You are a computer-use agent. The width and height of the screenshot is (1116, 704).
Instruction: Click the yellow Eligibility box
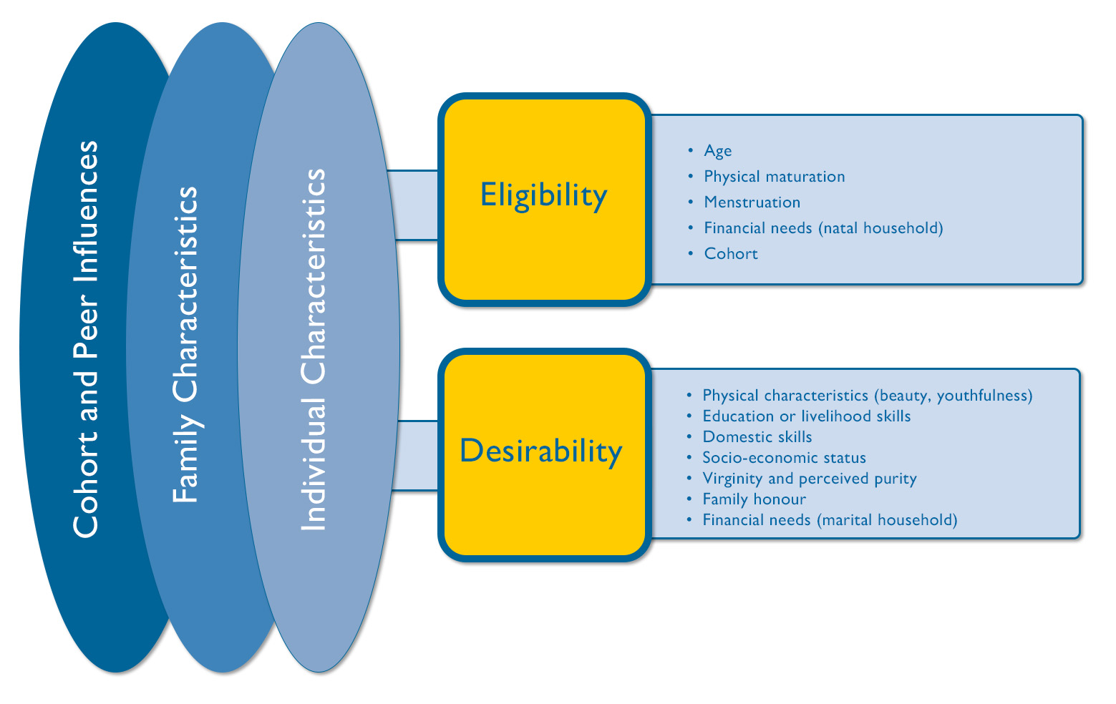coord(545,200)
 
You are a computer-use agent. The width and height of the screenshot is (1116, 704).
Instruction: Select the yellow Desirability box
coord(545,455)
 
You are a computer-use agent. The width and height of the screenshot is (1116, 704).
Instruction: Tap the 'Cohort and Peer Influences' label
coord(86,339)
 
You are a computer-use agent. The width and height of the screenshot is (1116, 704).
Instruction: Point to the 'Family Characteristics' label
coord(185,344)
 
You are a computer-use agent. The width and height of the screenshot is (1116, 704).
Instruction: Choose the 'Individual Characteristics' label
coord(313,350)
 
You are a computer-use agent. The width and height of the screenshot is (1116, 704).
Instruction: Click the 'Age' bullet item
coord(717,151)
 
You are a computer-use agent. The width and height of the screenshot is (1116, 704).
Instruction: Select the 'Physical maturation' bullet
coord(775,176)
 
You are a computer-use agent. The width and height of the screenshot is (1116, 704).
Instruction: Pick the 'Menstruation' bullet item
coord(752,202)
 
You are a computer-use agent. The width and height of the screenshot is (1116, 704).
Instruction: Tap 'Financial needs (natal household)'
coord(823,228)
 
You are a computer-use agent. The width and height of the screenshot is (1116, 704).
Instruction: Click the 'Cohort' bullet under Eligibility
coord(730,254)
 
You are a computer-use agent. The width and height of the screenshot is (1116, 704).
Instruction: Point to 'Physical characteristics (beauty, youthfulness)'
coord(868,396)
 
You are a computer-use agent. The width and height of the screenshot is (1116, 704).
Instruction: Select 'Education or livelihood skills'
coord(806,416)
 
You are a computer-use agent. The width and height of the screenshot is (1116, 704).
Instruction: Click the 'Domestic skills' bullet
coord(757,437)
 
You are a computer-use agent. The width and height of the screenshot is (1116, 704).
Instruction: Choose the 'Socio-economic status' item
coord(784,458)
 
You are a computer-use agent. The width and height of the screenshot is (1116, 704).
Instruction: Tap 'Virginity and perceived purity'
coord(809,479)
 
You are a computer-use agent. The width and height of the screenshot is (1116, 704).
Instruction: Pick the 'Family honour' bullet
coord(754,499)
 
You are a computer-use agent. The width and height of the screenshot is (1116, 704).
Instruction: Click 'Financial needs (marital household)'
coord(830,520)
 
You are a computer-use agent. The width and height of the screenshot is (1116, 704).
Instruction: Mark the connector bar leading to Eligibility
coord(414,205)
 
